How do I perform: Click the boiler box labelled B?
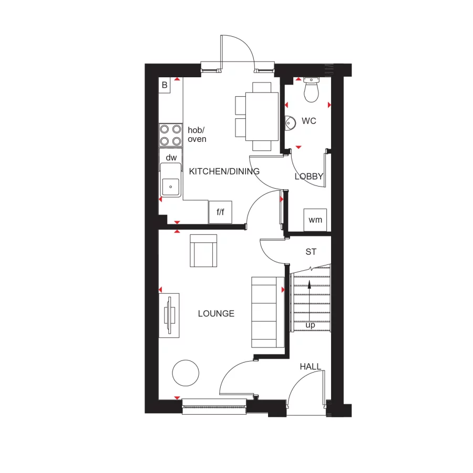pyautogui.click(x=164, y=85)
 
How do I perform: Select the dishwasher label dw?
pyautogui.click(x=171, y=157)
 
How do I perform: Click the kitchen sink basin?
pyautogui.click(x=170, y=186)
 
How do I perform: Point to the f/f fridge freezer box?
pyautogui.click(x=220, y=212)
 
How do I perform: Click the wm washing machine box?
pyautogui.click(x=315, y=220)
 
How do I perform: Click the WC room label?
pyautogui.click(x=309, y=121)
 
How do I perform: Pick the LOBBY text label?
pyautogui.click(x=309, y=177)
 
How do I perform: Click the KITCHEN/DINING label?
pyautogui.click(x=224, y=171)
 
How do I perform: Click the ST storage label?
pyautogui.click(x=311, y=252)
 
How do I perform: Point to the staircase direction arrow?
pyautogui.click(x=310, y=285)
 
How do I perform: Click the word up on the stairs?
pyautogui.click(x=310, y=325)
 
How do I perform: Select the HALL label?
pyautogui.click(x=311, y=366)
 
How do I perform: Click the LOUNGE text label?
pyautogui.click(x=216, y=314)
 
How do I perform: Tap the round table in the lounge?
pyautogui.click(x=186, y=373)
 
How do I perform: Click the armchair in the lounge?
pyautogui.click(x=204, y=251)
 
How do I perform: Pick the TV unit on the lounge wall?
pyautogui.click(x=169, y=315)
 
